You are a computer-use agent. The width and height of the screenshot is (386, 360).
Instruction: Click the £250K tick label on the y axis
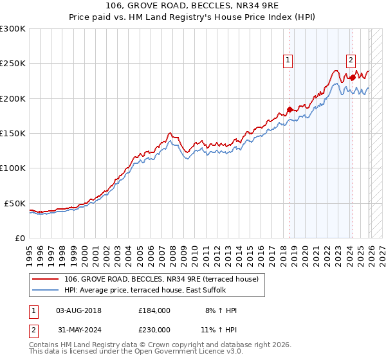[x=13, y=64]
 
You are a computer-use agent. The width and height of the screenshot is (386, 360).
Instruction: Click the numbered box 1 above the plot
[x=287, y=60]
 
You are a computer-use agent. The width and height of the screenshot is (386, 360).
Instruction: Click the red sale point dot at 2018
[x=289, y=109]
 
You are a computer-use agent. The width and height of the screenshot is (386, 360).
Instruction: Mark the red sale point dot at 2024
[x=353, y=77]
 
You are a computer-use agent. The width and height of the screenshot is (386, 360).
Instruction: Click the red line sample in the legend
[x=45, y=279]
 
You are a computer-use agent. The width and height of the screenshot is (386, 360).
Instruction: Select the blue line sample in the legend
[x=45, y=291]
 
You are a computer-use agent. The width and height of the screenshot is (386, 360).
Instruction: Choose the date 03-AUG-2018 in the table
[x=78, y=310]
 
